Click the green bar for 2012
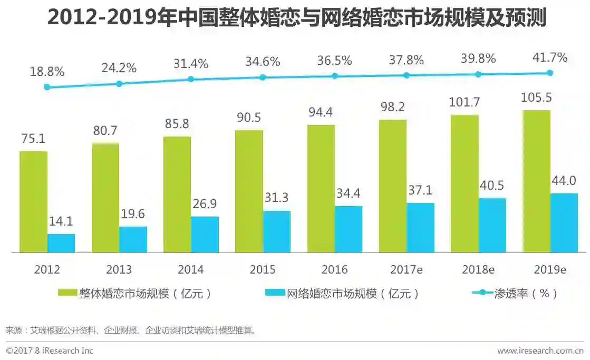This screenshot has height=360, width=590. [33, 202]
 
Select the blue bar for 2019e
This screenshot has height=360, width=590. [564, 223]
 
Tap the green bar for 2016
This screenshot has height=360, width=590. [321, 189]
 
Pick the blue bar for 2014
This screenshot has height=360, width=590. [205, 235]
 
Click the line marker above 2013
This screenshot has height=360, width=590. [119, 84]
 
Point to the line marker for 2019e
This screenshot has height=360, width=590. [550, 73]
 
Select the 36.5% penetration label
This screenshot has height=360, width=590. [334, 61]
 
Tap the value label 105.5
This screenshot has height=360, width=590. [537, 99]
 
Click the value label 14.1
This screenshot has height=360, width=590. [61, 222]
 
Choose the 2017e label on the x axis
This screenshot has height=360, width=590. [406, 269]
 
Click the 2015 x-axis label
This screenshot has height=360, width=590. [263, 269]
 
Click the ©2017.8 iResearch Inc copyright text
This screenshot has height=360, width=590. [50, 351]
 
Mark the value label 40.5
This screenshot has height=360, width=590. [492, 186]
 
